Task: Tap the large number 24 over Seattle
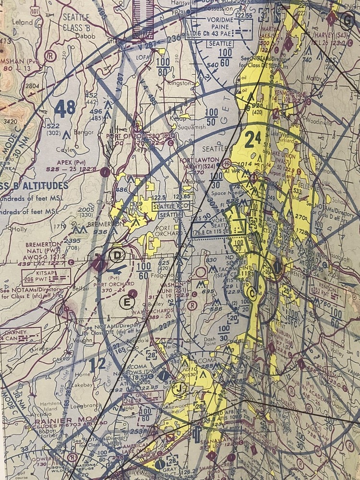coord(252,140)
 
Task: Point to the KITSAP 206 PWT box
coord(46,277)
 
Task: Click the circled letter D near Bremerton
coord(117,255)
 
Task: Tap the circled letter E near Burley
coord(127,302)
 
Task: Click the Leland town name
coord(24,22)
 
